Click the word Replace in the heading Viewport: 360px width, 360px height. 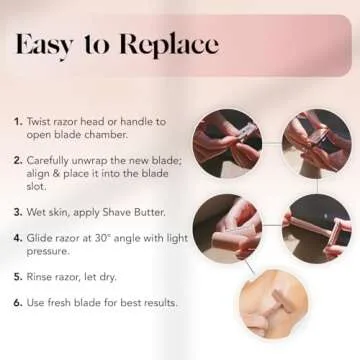coord(169,46)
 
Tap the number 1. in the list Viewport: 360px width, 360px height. coord(19,122)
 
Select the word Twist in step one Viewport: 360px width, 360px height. coord(38,121)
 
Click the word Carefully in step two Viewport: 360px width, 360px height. coord(48,161)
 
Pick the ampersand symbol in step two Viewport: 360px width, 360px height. coord(53,174)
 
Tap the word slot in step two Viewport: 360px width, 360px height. coord(36,187)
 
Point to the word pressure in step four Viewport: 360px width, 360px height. coord(48,252)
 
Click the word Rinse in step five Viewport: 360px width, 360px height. coord(39,277)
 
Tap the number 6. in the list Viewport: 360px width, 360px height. coord(18,303)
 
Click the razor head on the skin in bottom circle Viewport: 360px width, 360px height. coord(282,301)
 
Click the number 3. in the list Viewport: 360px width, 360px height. coord(18,212)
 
